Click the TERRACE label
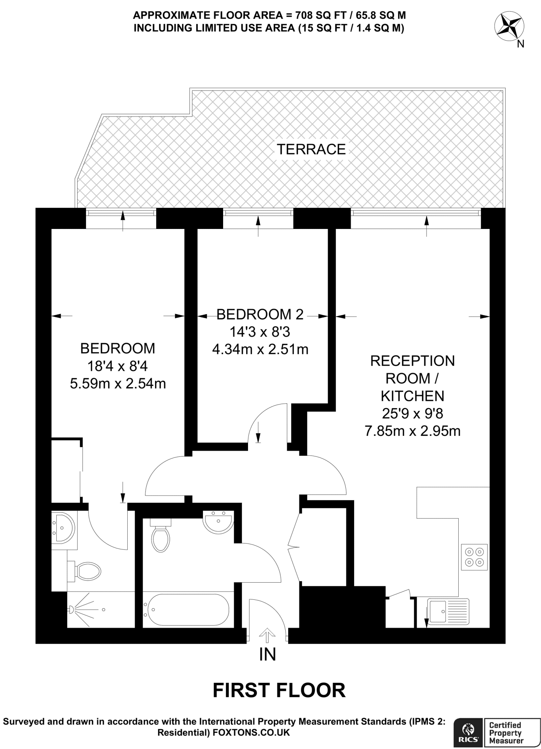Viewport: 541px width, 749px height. click(x=311, y=149)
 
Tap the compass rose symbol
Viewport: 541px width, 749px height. click(x=509, y=26)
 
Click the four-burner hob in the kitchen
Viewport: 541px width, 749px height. click(x=474, y=557)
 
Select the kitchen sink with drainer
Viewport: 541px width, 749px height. click(x=448, y=610)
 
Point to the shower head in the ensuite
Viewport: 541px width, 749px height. click(x=71, y=609)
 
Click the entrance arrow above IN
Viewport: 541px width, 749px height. click(x=267, y=636)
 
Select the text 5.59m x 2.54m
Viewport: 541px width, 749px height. click(x=118, y=384)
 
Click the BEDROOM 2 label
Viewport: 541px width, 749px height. click(x=260, y=314)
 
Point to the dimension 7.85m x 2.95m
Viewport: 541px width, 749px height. click(x=412, y=431)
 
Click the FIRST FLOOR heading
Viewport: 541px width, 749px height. click(x=279, y=690)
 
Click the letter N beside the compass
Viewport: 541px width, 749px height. click(x=521, y=44)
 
